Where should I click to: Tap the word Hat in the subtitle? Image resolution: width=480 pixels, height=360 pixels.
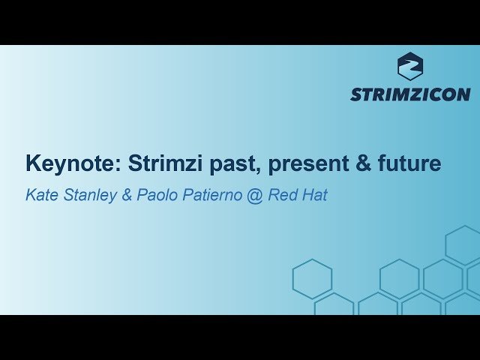(x=314, y=196)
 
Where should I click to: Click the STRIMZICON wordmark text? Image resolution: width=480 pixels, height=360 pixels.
(x=410, y=94)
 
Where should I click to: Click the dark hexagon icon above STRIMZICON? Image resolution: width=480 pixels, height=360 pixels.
(x=410, y=66)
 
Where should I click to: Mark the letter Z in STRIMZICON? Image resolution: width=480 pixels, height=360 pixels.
(x=415, y=94)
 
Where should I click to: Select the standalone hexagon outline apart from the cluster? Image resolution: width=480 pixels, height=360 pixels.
(x=312, y=278)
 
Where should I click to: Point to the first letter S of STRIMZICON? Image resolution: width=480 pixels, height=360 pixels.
(x=356, y=94)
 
